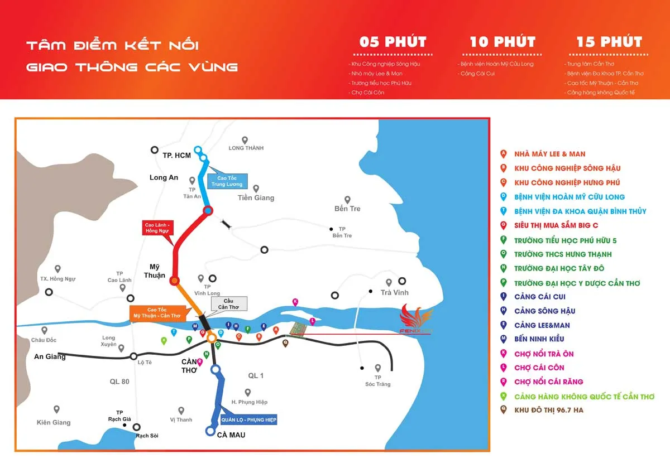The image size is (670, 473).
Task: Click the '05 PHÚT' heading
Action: pos(393,42)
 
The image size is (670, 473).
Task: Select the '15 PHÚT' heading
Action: pos(609,42)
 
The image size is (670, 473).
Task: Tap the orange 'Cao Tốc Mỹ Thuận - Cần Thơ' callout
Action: pos(156,312)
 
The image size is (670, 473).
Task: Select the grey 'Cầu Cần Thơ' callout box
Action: pos(228,304)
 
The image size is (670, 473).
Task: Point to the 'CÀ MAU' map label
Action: pos(231,435)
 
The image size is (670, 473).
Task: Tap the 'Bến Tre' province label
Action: pos(347,209)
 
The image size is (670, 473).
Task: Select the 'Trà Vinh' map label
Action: pos(394,292)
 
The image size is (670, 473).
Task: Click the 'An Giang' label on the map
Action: pos(50,356)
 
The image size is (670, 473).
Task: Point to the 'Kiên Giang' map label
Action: pos(54,422)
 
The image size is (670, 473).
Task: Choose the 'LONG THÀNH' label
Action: pos(246,148)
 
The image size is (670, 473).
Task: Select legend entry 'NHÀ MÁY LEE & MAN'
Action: pos(550,154)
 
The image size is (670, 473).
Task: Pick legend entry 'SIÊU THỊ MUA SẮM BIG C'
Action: pos(565,226)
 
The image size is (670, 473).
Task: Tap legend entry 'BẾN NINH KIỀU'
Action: pos(539,339)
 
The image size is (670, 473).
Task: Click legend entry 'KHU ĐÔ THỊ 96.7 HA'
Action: pos(548,411)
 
